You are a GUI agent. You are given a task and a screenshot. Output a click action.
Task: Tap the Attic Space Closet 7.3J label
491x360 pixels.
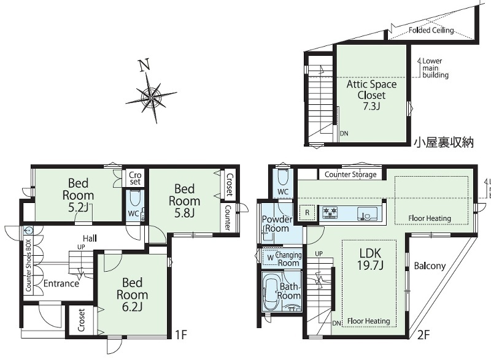(x=371, y=95)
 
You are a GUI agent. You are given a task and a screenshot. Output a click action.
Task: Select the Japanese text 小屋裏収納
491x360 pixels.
(x=443, y=143)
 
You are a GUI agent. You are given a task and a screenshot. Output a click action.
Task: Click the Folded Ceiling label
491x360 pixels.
(x=431, y=30)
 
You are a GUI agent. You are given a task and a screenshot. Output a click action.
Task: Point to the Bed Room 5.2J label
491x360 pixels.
(x=79, y=195)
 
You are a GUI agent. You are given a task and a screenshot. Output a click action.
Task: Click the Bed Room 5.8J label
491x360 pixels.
(x=185, y=201)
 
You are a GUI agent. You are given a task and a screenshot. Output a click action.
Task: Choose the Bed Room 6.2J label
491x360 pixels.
(x=132, y=294)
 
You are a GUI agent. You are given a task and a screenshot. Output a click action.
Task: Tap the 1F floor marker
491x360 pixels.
(x=180, y=335)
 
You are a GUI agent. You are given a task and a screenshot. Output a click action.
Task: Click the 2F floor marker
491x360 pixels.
(x=423, y=335)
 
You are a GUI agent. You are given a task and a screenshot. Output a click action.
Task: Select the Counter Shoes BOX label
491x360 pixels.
(x=28, y=266)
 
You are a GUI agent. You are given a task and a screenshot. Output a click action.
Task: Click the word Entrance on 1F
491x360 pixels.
(x=61, y=283)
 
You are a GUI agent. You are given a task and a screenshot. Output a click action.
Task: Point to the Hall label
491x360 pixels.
(x=90, y=239)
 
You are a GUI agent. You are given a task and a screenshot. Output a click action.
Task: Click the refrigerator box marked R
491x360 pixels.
(x=307, y=213)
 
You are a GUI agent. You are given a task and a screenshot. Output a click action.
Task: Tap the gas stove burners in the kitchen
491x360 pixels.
(x=330, y=212)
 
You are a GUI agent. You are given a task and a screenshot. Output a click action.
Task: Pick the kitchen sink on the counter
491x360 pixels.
(x=365, y=213)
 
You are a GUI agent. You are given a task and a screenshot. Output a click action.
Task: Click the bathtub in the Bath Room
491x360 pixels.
(x=271, y=292)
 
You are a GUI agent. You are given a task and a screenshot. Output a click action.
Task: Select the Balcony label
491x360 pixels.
(x=430, y=266)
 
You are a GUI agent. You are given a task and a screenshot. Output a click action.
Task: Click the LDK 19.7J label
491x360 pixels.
(x=370, y=259)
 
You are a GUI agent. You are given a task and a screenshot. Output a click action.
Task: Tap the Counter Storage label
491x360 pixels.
(x=350, y=174)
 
